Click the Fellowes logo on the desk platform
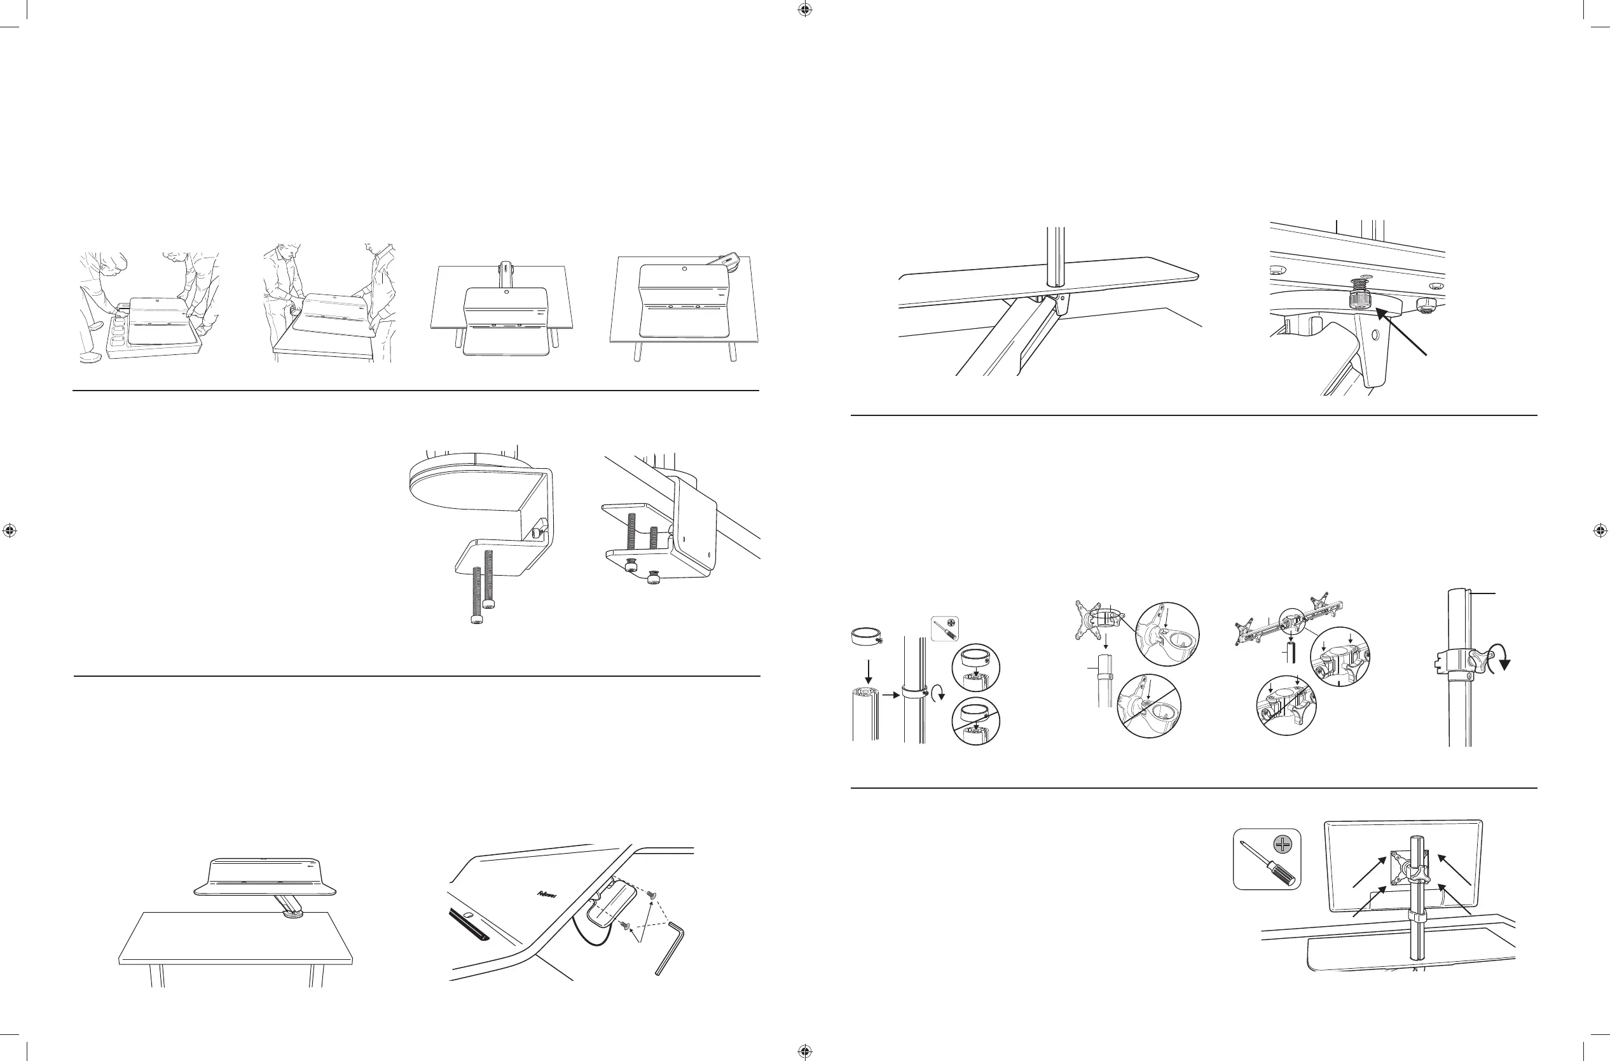pos(547,894)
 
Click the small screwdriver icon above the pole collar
pos(944,628)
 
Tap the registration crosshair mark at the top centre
pos(804,10)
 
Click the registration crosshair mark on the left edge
pos(10,530)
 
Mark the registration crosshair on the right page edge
pos(1600,530)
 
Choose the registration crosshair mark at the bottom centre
pos(804,1051)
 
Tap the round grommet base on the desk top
pos(296,915)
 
